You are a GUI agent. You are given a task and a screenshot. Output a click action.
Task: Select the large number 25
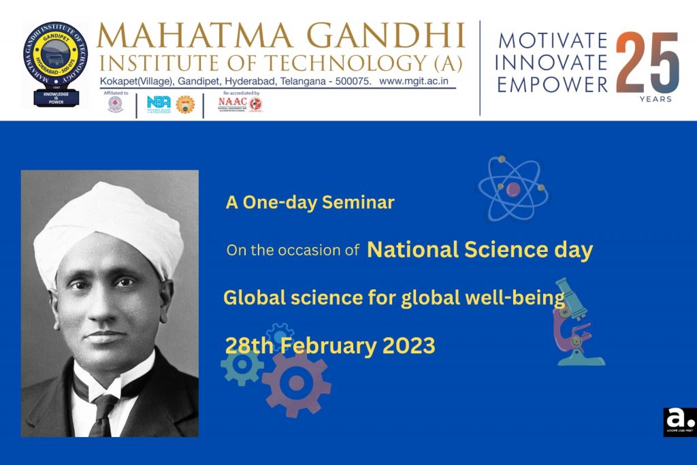pos(647,63)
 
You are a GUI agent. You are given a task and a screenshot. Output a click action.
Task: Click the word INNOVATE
pos(551,62)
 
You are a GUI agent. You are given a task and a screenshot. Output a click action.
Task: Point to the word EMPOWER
pos(552,84)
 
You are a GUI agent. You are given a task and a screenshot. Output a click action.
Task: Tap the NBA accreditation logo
pos(159,103)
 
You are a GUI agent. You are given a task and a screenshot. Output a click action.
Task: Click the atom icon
pos(513,188)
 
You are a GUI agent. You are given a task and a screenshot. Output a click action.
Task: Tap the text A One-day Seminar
pos(310,202)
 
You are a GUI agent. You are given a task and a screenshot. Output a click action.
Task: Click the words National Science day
pos(479,250)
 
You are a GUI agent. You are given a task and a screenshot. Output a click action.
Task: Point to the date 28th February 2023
pos(329,346)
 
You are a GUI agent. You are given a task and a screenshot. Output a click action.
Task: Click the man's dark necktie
pos(103,412)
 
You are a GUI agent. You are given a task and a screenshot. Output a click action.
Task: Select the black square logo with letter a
pos(679,421)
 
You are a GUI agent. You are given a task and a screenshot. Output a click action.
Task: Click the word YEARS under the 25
pos(655,99)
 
